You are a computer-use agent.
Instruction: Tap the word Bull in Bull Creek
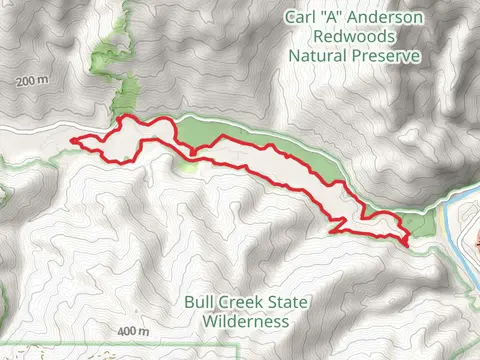click(200, 303)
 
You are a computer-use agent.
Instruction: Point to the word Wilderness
click(244, 321)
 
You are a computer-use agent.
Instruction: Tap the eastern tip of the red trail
click(410, 242)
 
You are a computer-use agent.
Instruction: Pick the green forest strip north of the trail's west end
click(124, 95)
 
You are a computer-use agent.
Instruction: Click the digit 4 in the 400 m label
click(120, 331)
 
